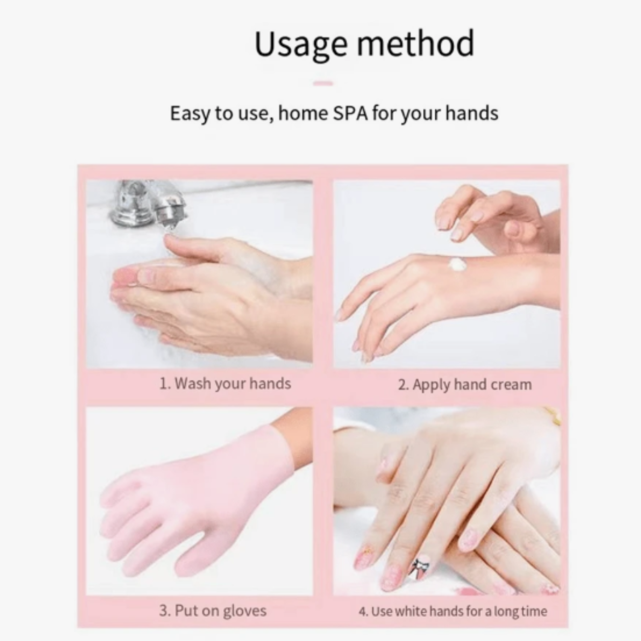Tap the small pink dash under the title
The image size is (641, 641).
click(x=323, y=83)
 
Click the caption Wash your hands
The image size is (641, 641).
click(x=232, y=383)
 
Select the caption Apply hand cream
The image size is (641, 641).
click(x=472, y=385)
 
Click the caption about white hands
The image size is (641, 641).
click(x=459, y=611)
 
